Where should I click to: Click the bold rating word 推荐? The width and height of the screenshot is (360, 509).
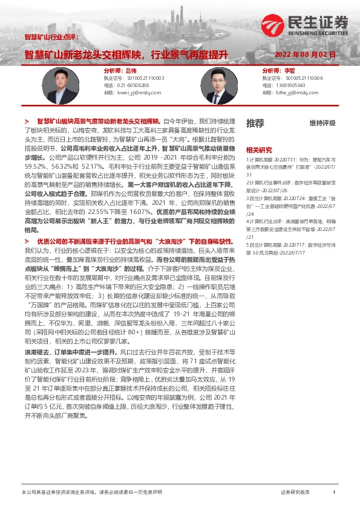(255, 123)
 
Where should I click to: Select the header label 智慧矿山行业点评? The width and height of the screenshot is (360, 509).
(51, 37)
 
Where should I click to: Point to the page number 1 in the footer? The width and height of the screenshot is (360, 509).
(334, 493)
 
